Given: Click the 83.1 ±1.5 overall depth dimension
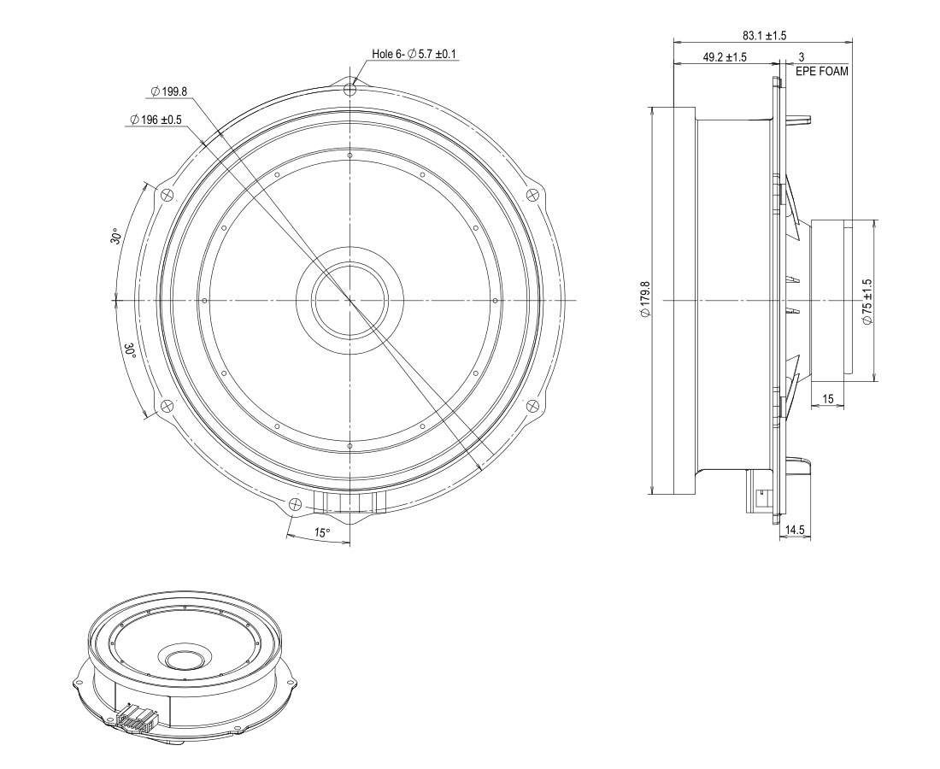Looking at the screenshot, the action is tap(764, 35).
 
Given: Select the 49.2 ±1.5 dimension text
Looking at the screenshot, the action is tap(725, 57).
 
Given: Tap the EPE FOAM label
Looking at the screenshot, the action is tap(822, 71).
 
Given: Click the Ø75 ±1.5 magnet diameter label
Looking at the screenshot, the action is tap(867, 301).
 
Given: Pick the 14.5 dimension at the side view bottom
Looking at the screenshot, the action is tap(794, 530).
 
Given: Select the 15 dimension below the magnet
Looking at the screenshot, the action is tap(828, 398).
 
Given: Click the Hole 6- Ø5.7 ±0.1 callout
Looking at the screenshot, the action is tap(414, 54).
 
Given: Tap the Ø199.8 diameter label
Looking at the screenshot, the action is tap(169, 91).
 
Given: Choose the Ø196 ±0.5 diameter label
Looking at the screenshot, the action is tap(156, 120).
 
